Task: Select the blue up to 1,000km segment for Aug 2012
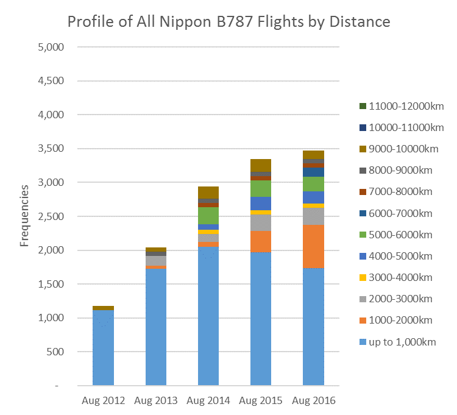(x=103, y=347)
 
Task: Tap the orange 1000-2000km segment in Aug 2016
(x=313, y=246)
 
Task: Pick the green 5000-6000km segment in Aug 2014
(x=208, y=216)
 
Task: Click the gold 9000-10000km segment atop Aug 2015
(x=261, y=165)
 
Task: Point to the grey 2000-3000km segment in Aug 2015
(x=261, y=223)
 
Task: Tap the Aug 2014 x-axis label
(x=208, y=401)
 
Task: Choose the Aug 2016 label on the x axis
(x=313, y=401)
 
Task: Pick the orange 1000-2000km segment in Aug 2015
(x=261, y=241)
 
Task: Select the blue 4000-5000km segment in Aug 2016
(x=313, y=197)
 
